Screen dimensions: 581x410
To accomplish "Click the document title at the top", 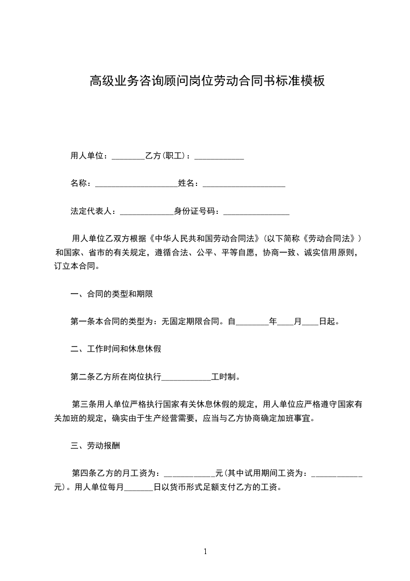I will coord(207,81).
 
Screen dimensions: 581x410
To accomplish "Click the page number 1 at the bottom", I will coord(205,551).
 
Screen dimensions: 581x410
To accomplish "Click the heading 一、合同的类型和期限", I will coord(111,294).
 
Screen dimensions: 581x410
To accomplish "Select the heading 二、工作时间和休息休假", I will coord(115,349).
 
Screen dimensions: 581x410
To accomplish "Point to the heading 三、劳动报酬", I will coord(96,445).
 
